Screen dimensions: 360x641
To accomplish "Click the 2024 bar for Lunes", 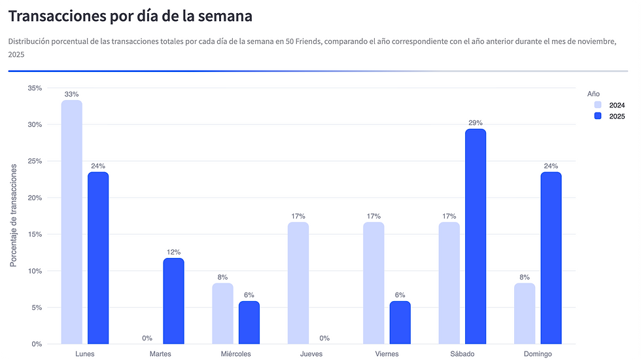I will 72,223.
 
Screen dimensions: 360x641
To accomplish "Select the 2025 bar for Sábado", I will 476,236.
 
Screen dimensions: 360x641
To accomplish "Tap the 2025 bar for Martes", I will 173,301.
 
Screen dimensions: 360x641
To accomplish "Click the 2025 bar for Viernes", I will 400,323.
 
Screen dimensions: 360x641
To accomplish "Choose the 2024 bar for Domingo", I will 525,314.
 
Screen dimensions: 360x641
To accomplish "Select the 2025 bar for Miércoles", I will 249,323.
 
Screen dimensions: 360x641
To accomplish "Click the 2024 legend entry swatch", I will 598,105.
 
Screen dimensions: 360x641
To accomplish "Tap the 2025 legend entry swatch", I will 598,116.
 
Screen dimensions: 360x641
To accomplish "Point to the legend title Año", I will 593,94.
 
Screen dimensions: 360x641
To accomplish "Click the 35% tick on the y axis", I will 34,88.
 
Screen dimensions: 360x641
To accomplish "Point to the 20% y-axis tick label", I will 34,198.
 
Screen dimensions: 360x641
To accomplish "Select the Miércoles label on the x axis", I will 236,354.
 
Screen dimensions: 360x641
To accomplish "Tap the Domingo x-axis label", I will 538,354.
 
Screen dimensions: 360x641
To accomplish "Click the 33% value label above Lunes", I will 72,94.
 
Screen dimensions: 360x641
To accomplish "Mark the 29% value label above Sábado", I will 476,123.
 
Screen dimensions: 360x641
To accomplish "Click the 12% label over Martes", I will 173,252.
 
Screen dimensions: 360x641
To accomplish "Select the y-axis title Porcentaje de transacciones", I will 14,215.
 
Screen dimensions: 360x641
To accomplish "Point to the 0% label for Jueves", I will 324,338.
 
